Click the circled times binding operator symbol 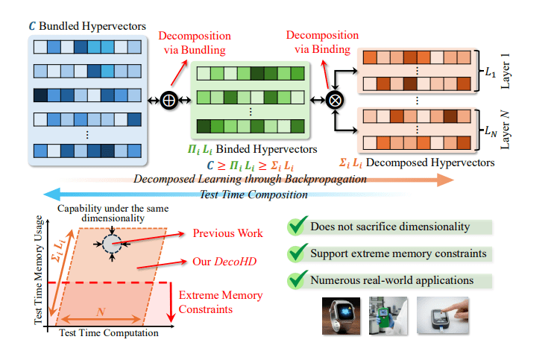click(x=336, y=100)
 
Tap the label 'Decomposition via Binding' click(x=318, y=42)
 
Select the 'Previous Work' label click(x=228, y=233)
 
